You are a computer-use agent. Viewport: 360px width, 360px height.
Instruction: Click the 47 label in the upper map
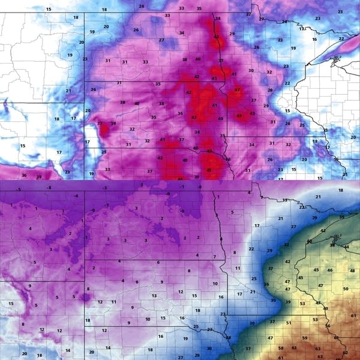pyautogui.click(x=238, y=90)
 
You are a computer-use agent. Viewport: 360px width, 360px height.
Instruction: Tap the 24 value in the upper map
pyautogui.click(x=285, y=22)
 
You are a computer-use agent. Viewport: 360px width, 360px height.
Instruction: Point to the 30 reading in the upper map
pyautogui.click(x=251, y=71)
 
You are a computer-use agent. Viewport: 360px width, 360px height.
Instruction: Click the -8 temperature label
pyautogui.click(x=50, y=188)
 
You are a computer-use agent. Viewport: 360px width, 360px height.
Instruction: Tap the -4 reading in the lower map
pyautogui.click(x=76, y=196)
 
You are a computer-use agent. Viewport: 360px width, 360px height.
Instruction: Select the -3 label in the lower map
pyautogui.click(x=104, y=188)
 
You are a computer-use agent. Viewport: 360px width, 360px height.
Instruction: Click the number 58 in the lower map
pyautogui.click(x=281, y=348)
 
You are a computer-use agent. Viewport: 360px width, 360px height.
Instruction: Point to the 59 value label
pyautogui.click(x=305, y=338)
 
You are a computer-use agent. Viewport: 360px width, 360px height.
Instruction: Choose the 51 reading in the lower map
pyautogui.click(x=289, y=323)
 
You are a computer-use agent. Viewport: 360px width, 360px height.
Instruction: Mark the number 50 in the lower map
pyautogui.click(x=346, y=289)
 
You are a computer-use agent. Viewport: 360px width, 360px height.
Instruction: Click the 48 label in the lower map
pyautogui.click(x=352, y=271)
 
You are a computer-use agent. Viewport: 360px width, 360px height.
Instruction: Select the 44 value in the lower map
pyautogui.click(x=346, y=247)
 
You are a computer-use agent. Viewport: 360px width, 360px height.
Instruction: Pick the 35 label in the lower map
pyautogui.click(x=342, y=217)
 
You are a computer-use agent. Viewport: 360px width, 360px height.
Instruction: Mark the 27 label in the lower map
pyautogui.click(x=293, y=226)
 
